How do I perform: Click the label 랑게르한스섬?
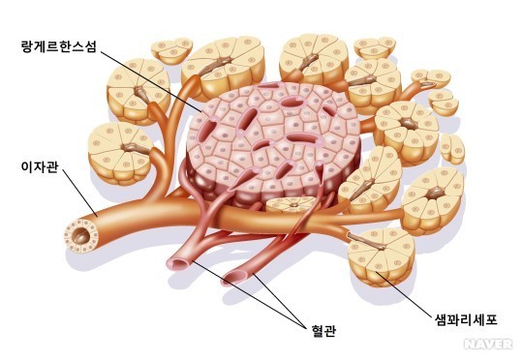tap(58, 46)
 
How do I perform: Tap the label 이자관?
tap(40, 166)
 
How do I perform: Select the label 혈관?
tap(323, 330)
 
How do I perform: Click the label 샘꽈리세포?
tap(466, 319)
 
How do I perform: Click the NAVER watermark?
tap(488, 344)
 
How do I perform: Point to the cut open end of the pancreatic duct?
tap(81, 235)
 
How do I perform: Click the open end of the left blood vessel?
tap(179, 264)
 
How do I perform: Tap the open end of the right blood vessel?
tap(234, 278)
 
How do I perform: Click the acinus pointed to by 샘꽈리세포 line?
tap(382, 257)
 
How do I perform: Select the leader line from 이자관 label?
tap(79, 193)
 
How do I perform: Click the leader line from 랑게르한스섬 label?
tap(151, 81)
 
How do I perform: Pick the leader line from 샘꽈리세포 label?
tap(404, 293)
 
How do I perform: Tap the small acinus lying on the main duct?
tap(291, 204)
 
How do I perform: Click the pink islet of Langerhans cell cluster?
tap(273, 143)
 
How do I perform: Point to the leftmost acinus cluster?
tap(120, 153)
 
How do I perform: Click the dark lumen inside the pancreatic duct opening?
tap(81, 236)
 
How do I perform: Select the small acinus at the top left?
tap(172, 50)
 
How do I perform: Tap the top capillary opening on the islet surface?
tap(269, 85)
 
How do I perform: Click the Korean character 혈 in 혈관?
tap(318, 330)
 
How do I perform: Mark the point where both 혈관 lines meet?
tap(305, 327)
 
